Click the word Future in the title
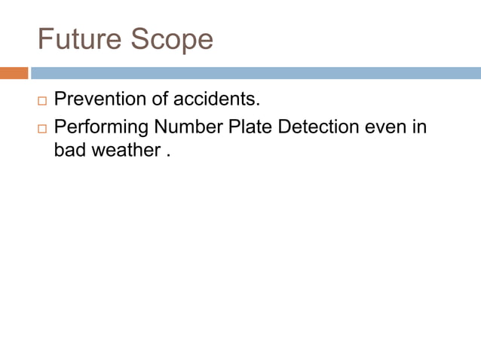click(x=79, y=38)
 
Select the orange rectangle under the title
click(x=14, y=73)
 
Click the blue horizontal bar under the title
click(x=256, y=73)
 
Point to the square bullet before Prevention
click(x=41, y=100)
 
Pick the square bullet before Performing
click(x=41, y=128)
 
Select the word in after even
click(x=420, y=127)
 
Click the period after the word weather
click(x=168, y=154)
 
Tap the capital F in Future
click(x=44, y=38)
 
